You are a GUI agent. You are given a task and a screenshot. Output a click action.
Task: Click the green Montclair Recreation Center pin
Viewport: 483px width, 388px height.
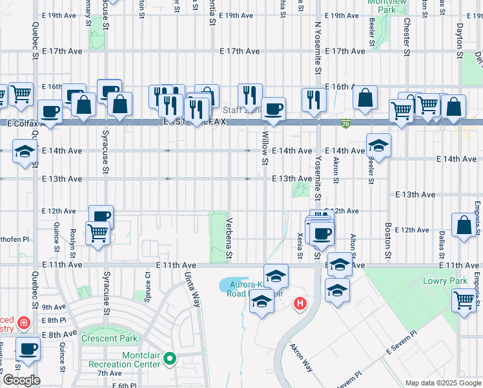pyautogui.click(x=170, y=357)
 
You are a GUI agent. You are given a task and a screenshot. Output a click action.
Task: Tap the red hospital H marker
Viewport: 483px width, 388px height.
pyautogui.click(x=300, y=303)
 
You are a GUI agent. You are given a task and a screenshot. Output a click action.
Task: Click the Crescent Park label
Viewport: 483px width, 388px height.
pyautogui.click(x=109, y=338)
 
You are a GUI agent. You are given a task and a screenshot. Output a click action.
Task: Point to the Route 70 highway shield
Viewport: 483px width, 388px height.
pyautogui.click(x=346, y=123)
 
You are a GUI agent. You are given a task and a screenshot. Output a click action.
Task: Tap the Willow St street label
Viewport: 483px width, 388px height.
pyautogui.click(x=265, y=147)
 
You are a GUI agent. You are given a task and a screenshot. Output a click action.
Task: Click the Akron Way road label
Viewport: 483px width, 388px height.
pyautogui.click(x=301, y=356)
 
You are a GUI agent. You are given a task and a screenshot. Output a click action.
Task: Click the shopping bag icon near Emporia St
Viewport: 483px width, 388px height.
pyautogui.click(x=464, y=226)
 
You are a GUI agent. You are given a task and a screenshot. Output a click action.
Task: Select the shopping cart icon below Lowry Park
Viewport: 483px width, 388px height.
pyautogui.click(x=464, y=300)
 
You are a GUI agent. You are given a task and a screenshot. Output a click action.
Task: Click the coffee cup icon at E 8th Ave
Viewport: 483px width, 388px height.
pyautogui.click(x=27, y=349)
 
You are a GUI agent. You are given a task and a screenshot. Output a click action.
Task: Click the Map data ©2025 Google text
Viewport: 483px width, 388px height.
pyautogui.click(x=443, y=383)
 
